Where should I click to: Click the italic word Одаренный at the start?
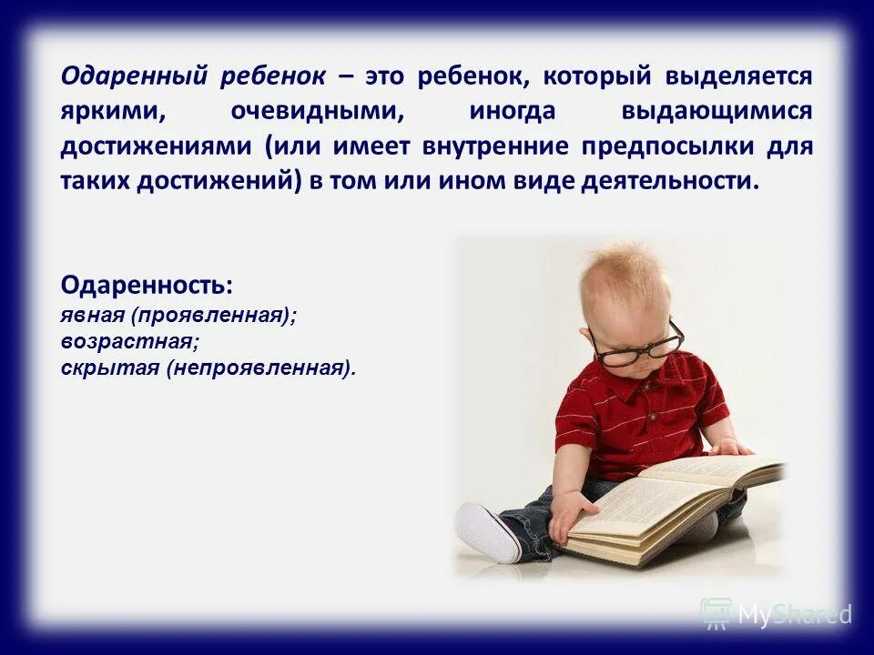pyautogui.click(x=135, y=76)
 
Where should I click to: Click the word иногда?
pyautogui.click(x=512, y=112)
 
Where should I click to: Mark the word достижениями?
pyautogui.click(x=158, y=146)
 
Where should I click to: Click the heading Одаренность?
pyautogui.click(x=147, y=285)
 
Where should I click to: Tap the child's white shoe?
pyautogui.click(x=487, y=533)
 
